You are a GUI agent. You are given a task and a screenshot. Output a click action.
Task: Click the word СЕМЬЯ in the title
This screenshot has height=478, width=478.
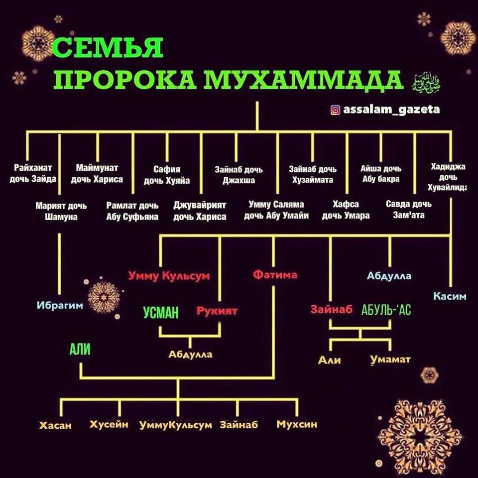pos(108,48)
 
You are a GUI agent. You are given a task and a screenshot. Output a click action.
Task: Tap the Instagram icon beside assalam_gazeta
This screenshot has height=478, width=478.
pos(336,110)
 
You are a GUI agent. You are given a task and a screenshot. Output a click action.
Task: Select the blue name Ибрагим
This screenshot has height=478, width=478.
pos(60,305)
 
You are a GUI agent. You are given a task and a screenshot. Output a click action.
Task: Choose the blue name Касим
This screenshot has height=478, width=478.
pos(450,296)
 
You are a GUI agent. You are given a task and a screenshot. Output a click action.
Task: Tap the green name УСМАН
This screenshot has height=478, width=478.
pos(161,312)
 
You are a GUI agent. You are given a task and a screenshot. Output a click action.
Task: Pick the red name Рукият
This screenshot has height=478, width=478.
pos(217,311)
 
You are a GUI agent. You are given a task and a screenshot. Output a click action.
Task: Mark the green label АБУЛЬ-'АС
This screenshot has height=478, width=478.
pos(386,310)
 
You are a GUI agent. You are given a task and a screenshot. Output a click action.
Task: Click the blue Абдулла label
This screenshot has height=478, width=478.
pos(389,276)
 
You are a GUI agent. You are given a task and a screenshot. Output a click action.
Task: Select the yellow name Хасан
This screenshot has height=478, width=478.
pos(56,425)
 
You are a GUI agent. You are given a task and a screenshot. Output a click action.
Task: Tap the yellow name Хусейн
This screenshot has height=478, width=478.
pos(109,424)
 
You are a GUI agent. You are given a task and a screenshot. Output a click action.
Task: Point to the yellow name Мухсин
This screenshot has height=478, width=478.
pos(297,424)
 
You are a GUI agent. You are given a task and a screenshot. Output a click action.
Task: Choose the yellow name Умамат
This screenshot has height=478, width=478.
pos(390,359)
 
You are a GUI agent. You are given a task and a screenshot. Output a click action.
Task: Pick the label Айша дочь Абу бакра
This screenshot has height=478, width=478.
pos(380,174)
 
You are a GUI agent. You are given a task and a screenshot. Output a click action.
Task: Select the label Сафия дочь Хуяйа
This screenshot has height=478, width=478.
pos(167,175)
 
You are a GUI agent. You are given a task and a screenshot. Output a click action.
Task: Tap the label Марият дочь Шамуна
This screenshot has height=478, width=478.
pos(61,211)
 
